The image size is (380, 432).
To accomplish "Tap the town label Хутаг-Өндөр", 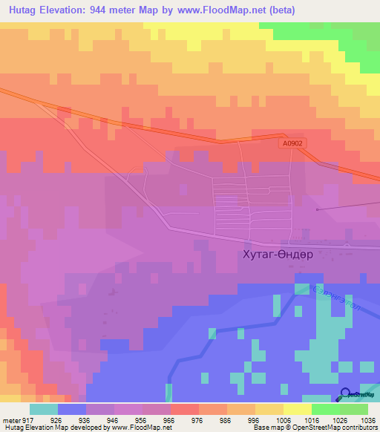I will coord(278,255).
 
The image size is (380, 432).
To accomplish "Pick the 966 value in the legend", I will coord(169,419).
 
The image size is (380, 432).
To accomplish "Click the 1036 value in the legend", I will coord(367,419).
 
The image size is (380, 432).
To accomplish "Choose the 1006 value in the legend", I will coord(282,419).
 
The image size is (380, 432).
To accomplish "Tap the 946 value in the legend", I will coord(113,419).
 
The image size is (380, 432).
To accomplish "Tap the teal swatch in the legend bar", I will coord(44,409).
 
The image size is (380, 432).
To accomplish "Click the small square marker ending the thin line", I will coord(317,209).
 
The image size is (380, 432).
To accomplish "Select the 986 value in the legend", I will coord(226,419).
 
